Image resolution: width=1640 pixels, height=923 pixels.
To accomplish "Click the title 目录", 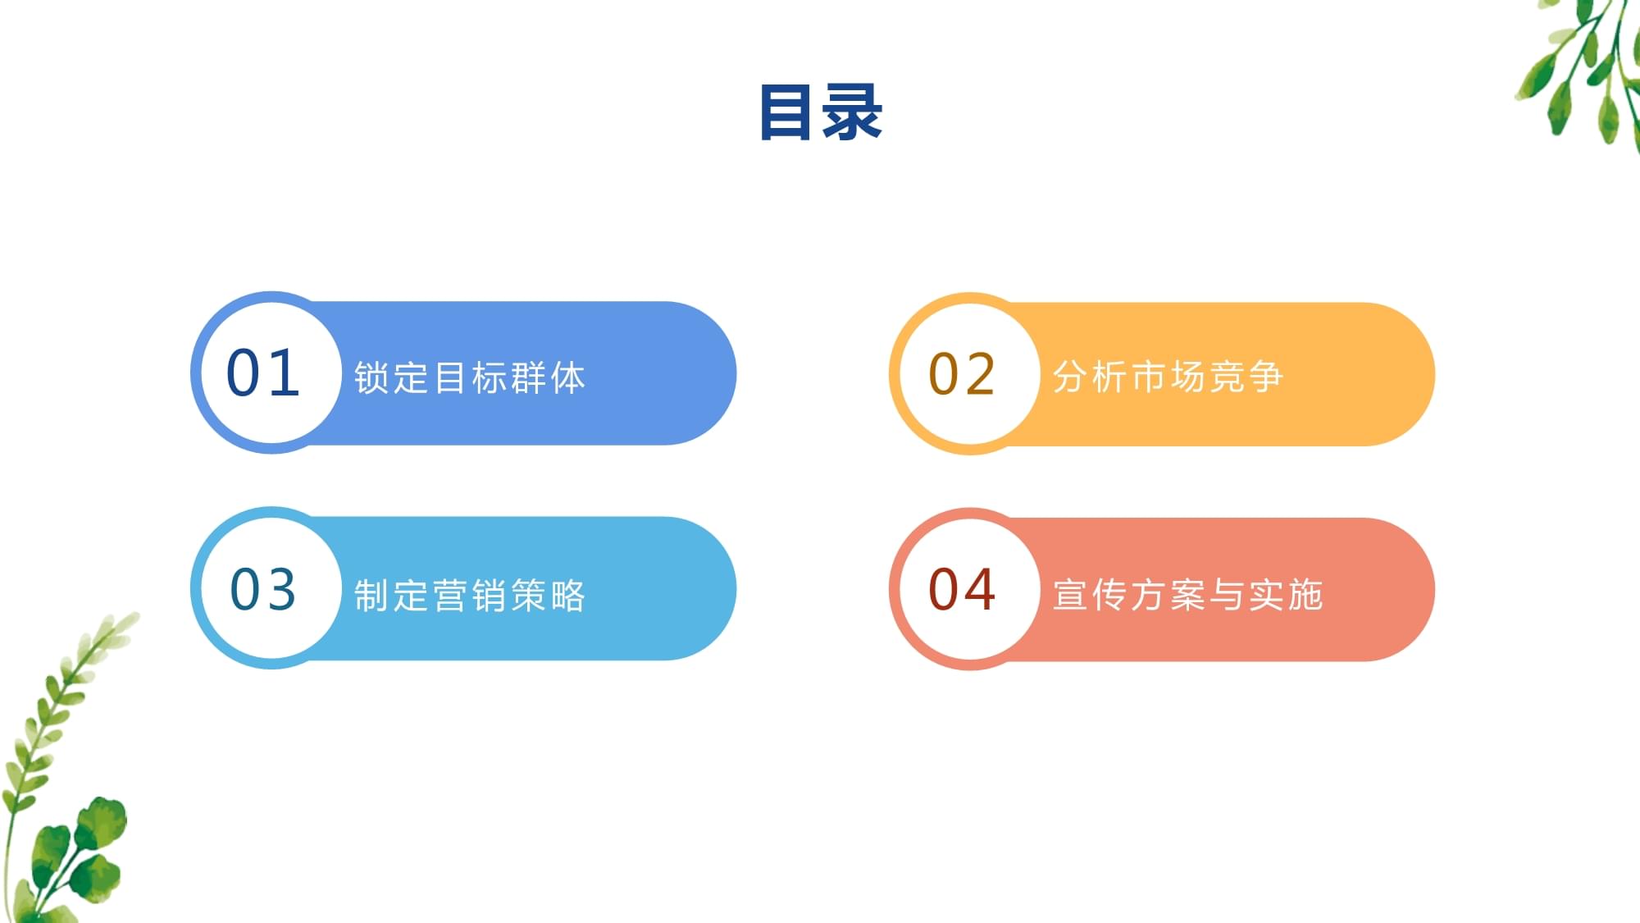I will pos(821,112).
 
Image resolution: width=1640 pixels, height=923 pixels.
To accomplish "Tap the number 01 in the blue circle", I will pos(263,373).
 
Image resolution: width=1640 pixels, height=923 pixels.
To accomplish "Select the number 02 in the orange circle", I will pos(962,375).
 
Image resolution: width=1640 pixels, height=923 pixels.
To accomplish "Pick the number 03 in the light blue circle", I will pos(263,589).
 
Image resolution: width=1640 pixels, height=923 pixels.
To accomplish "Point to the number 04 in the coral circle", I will pos(962,590).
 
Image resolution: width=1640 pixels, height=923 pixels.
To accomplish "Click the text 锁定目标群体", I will pos(469,378).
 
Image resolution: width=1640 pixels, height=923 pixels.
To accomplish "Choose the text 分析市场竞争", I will pos(1168,377).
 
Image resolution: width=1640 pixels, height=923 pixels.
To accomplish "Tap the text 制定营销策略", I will pos(469,596).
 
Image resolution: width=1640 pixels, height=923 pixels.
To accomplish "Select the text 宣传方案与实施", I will pos(1187,595).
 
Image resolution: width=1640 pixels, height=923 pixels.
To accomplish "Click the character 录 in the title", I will pos(853,112).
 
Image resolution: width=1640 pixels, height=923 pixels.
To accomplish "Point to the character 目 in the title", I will pos(787,112).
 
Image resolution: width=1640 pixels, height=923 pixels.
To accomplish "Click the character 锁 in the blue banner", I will pos(371,378).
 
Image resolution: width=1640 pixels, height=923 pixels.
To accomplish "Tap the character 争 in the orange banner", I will pos(1266,377).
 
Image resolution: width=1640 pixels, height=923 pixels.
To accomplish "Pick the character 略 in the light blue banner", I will pos(568,596).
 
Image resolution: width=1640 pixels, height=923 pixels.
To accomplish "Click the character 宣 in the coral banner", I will pos(1070,595).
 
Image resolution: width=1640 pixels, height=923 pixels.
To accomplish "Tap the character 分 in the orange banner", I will pos(1070,377).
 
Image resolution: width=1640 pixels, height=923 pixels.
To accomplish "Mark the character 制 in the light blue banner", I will pos(371,596).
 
